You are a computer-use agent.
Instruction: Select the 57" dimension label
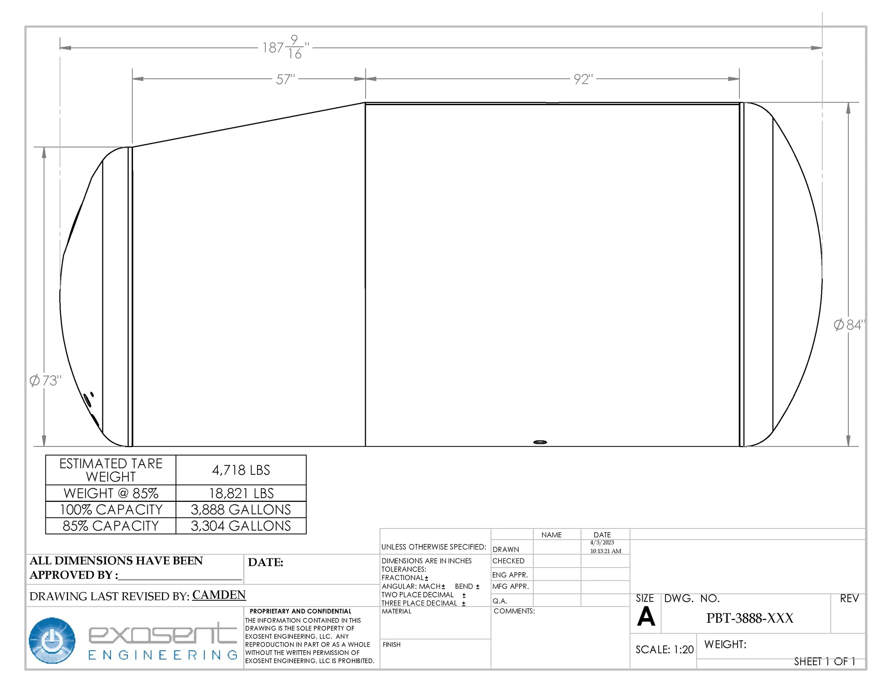[x=285, y=79]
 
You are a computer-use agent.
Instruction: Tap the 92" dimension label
[x=583, y=79]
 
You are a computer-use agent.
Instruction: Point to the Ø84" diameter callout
[x=849, y=325]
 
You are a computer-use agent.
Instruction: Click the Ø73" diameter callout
[x=45, y=380]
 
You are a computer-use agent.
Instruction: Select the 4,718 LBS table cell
[x=241, y=470]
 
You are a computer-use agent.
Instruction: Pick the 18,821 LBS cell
[x=241, y=493]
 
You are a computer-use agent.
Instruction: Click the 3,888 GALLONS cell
[x=241, y=510]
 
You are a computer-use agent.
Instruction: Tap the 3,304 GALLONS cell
[x=241, y=526]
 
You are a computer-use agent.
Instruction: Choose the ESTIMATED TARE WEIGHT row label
[x=110, y=470]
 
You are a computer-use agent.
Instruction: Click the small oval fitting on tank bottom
[x=540, y=442]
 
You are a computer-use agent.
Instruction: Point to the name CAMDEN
[x=219, y=595]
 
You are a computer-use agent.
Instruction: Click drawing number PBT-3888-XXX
[x=750, y=618]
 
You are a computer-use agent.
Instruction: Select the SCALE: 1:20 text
[x=664, y=649]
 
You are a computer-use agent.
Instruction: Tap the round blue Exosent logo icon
[x=52, y=640]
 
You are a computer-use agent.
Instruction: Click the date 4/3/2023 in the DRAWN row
[x=602, y=543]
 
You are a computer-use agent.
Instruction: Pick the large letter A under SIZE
[x=645, y=617]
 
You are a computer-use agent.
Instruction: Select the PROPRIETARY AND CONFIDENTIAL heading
[x=300, y=611]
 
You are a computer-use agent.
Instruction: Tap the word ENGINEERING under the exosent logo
[x=162, y=655]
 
